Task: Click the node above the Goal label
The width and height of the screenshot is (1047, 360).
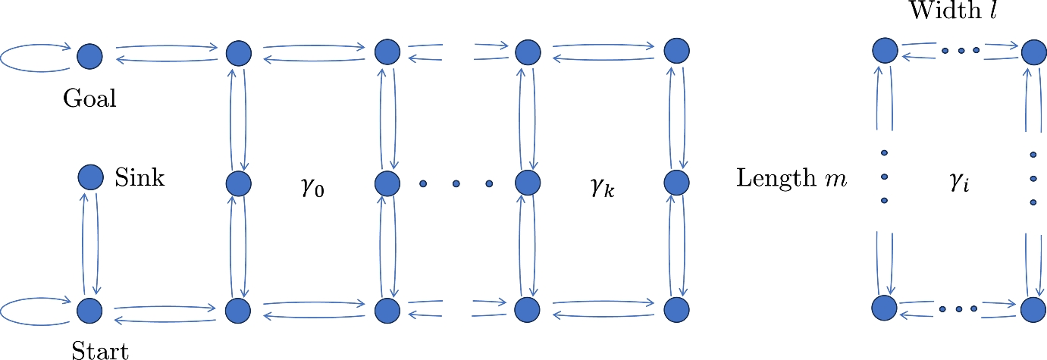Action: click(x=89, y=55)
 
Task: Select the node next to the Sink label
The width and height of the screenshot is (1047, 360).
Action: click(x=90, y=178)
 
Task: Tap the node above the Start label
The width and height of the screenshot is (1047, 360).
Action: click(x=89, y=309)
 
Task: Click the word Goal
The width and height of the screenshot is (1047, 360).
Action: click(x=90, y=99)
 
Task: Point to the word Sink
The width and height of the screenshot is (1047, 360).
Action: click(x=139, y=179)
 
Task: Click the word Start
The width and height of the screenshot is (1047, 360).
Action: click(x=100, y=350)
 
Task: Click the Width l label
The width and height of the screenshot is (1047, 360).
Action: click(x=960, y=13)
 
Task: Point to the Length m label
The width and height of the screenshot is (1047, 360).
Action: click(x=792, y=180)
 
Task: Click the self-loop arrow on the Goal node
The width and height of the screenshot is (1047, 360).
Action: click(x=27, y=56)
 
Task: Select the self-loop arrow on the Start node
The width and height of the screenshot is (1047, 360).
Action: click(x=27, y=310)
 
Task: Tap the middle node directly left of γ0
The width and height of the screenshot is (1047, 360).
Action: click(x=237, y=183)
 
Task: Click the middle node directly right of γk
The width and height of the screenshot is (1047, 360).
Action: click(x=677, y=183)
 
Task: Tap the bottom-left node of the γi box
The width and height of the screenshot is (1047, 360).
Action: click(x=884, y=309)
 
